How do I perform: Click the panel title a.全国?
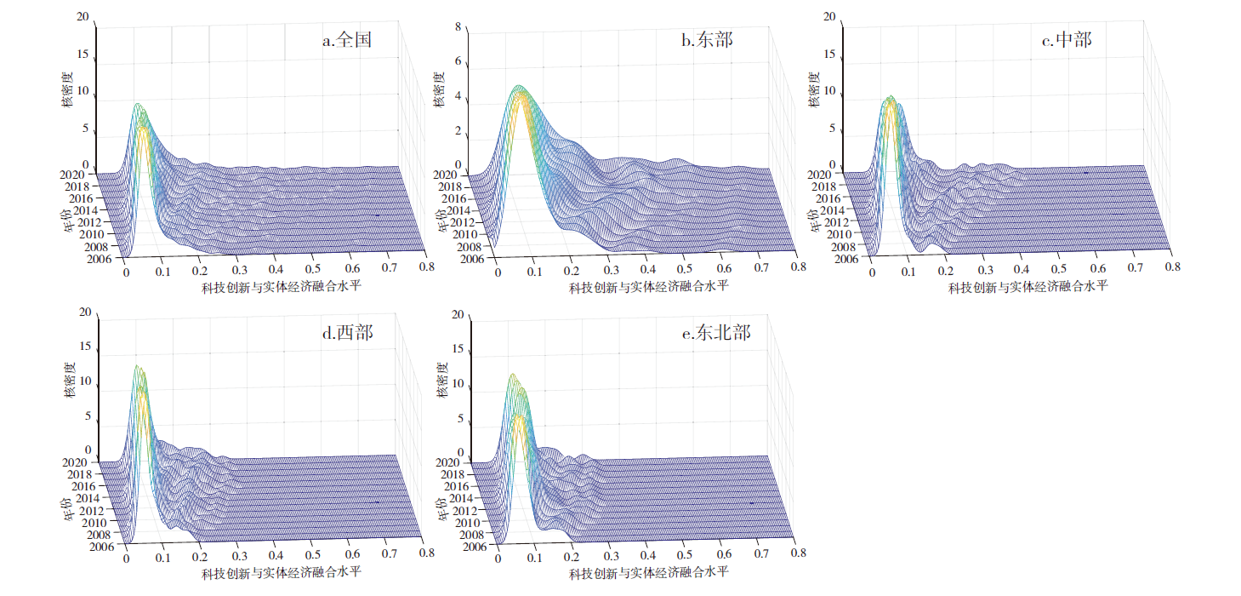tap(346, 39)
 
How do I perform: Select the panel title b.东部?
tap(707, 39)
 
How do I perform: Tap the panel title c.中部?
tap(1067, 39)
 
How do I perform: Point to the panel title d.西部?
tap(346, 333)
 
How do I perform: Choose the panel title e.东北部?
tap(716, 333)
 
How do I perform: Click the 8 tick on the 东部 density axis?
tap(458, 27)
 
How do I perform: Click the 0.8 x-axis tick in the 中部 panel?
tap(1172, 266)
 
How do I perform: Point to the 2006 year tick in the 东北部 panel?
tap(470, 547)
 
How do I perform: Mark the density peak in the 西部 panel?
tap(135, 366)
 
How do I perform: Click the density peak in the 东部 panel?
tap(517, 87)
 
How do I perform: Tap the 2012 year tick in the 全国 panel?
tap(90, 222)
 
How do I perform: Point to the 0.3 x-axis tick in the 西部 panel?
tap(240, 556)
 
